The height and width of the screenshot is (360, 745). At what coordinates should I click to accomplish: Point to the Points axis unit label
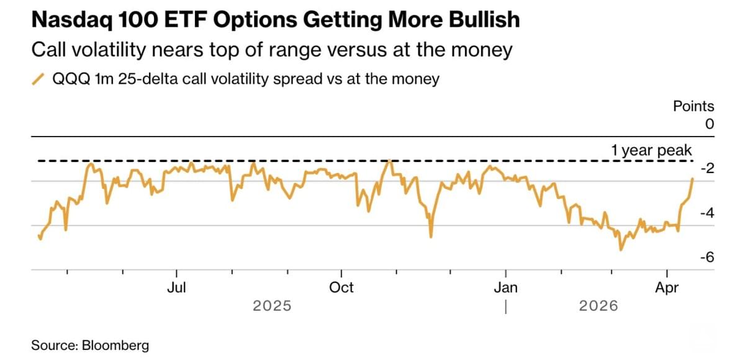coord(693,106)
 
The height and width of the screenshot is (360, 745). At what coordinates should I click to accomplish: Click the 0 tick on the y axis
coord(709,124)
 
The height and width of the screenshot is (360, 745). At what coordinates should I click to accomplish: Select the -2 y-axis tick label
coord(706,169)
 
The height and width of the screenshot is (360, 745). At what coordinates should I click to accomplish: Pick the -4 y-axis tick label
coord(706,214)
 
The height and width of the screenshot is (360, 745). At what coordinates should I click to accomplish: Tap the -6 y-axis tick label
coord(706,258)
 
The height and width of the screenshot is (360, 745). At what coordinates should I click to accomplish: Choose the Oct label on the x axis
coord(341,287)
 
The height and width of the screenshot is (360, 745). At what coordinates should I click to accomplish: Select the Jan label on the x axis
coord(506,287)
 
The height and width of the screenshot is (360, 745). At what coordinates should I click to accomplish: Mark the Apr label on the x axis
coord(667,287)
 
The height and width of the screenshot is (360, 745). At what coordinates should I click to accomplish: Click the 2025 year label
coord(272,306)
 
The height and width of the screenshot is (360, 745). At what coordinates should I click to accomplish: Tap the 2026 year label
coord(598,306)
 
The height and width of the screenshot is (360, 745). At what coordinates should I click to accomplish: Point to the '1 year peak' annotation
coord(651,151)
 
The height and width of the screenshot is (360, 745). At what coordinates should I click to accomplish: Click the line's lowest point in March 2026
coord(620,250)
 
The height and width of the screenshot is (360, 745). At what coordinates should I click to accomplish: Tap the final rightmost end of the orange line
coord(692,179)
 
